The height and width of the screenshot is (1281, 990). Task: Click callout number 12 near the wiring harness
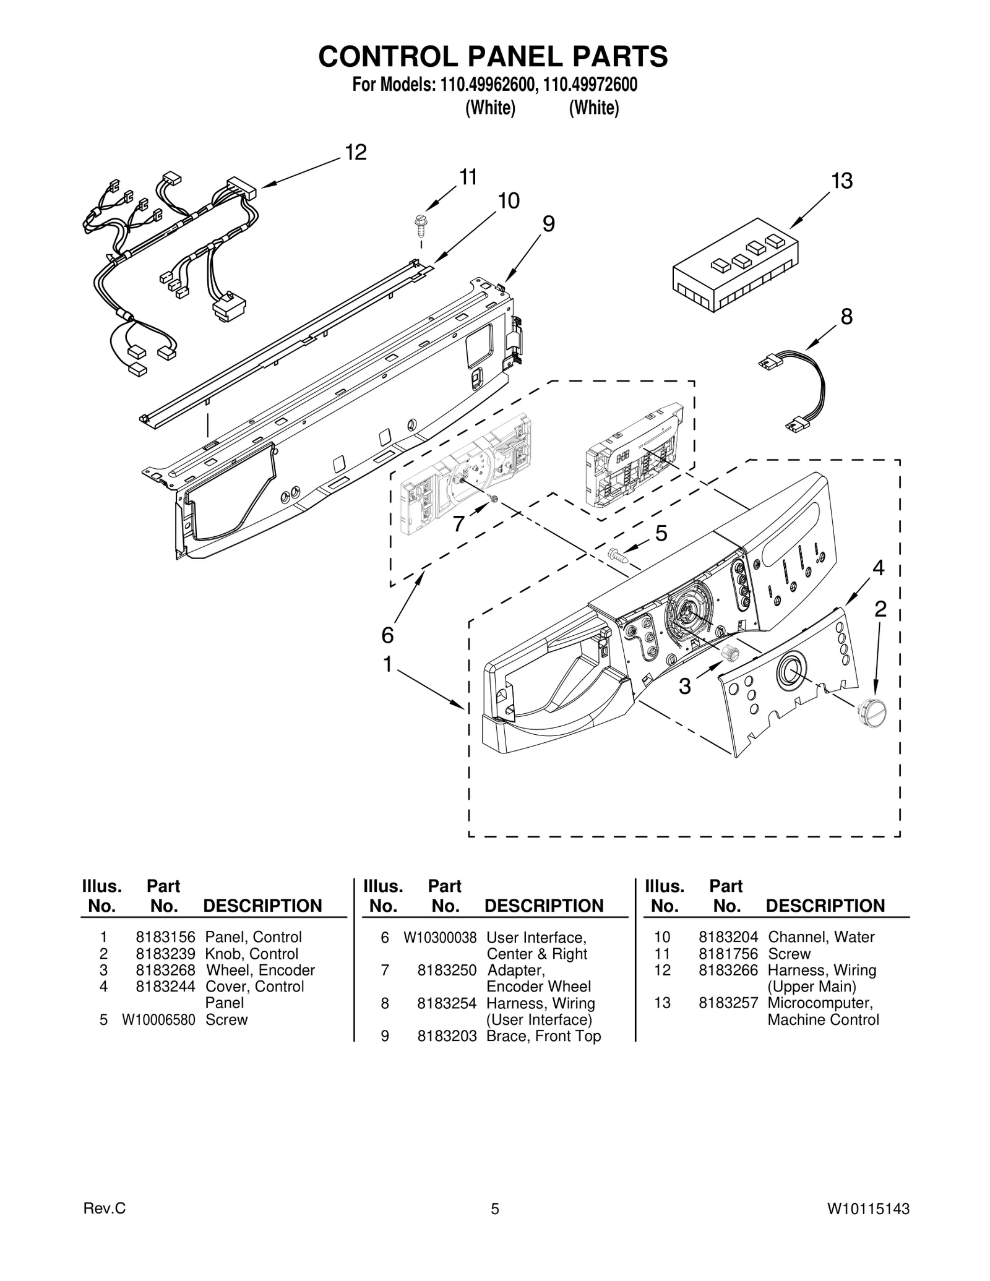(356, 152)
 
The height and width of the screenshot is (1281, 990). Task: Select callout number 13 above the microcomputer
(841, 181)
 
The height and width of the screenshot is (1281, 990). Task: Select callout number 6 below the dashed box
(387, 635)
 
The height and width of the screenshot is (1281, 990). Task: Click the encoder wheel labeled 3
(731, 652)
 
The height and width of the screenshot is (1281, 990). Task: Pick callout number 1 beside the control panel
(387, 665)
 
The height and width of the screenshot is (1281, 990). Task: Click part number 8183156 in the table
(165, 937)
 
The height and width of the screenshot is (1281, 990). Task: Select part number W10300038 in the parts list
(440, 938)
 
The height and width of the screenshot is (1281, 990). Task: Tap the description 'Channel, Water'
(820, 937)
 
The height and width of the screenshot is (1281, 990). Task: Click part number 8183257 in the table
(728, 1003)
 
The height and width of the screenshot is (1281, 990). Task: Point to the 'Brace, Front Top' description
(543, 1036)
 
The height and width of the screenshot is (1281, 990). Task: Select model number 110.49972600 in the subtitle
(590, 85)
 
